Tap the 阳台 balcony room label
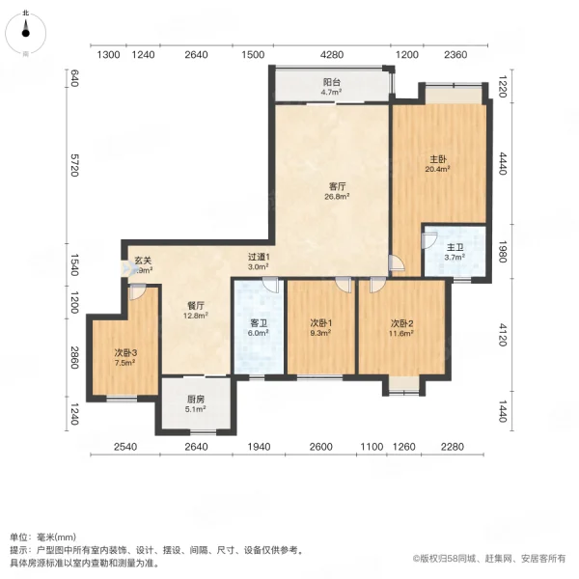click(x=331, y=83)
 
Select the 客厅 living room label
click(x=337, y=185)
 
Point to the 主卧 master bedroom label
click(x=437, y=159)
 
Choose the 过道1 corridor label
click(x=262, y=258)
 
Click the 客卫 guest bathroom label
click(x=259, y=323)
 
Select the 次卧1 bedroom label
click(x=321, y=323)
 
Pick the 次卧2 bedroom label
click(x=402, y=323)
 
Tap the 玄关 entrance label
click(x=143, y=260)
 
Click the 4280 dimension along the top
click(x=332, y=55)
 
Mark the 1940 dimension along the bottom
click(x=259, y=447)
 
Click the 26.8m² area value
click(x=337, y=195)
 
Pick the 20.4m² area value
click(x=437, y=169)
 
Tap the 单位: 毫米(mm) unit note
click(x=45, y=538)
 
